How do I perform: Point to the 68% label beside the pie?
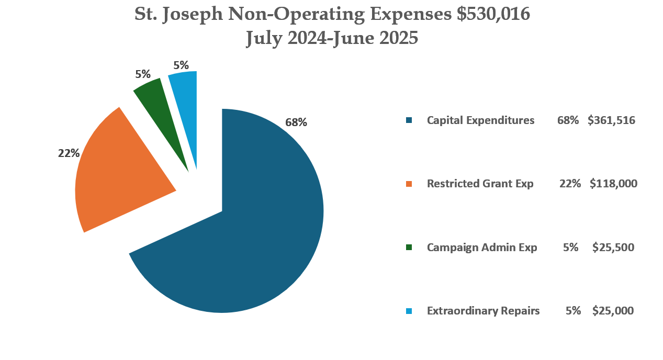click(x=296, y=122)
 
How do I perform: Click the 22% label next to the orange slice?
click(x=69, y=153)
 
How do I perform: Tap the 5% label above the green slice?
click(x=143, y=74)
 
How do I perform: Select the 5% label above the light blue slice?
click(x=181, y=65)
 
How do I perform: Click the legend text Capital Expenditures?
click(x=480, y=120)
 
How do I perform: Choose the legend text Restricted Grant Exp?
click(x=480, y=184)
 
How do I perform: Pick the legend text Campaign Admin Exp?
click(x=481, y=247)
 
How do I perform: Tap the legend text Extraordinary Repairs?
click(x=483, y=311)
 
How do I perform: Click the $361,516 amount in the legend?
click(x=611, y=120)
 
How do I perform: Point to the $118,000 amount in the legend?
click(x=613, y=184)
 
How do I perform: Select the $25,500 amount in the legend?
click(x=613, y=247)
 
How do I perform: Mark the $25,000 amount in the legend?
click(x=613, y=311)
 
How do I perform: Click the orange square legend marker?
click(x=409, y=184)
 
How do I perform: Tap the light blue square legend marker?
click(x=409, y=311)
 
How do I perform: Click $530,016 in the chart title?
click(x=493, y=15)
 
